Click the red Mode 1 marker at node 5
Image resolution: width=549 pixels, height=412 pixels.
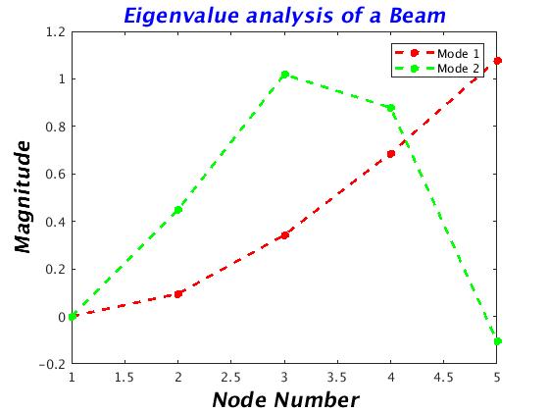pos(498,61)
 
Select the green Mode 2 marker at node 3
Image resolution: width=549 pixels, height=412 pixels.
pos(285,75)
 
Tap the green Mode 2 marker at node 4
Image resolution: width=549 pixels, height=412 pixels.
pos(391,108)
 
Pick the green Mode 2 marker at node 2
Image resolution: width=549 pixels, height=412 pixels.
pos(178,210)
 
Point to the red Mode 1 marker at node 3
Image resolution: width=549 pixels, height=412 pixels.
pos(285,235)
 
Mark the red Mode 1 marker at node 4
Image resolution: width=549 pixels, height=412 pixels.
pos(391,154)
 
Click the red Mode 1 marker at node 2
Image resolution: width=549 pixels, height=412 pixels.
pos(178,294)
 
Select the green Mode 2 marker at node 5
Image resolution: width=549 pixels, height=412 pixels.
pos(498,341)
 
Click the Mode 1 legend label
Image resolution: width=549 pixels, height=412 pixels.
pos(458,54)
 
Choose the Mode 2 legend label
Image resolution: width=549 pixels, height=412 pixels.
pos(458,69)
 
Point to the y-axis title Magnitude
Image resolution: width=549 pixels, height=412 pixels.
pos(24,196)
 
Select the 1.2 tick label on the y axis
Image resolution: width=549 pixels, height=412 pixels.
pos(56,32)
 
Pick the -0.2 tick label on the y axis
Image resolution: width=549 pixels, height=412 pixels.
pos(53,364)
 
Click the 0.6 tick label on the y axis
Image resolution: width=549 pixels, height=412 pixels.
pos(56,175)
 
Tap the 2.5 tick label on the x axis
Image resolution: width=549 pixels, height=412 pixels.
pos(230,378)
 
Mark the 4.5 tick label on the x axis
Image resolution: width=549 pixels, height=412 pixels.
pos(443,378)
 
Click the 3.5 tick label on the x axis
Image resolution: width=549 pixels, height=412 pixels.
pos(337,378)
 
